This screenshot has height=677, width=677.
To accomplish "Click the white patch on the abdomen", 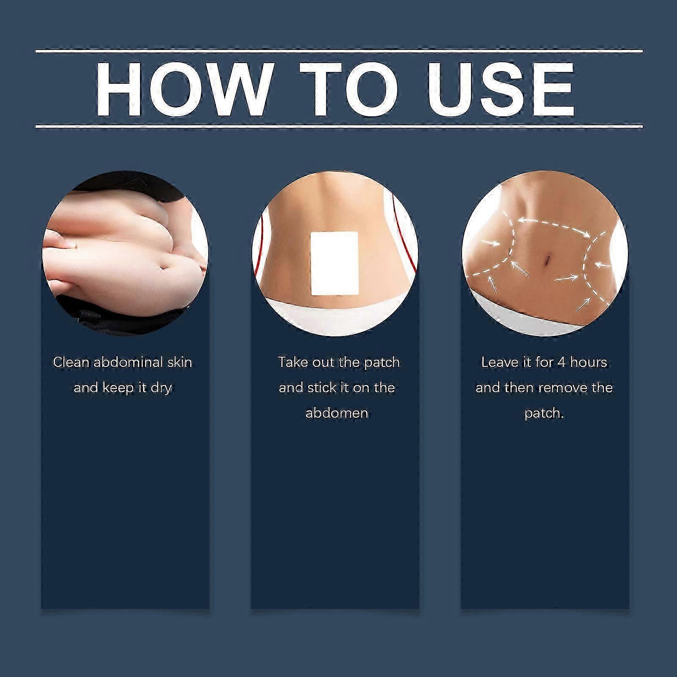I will (335, 263).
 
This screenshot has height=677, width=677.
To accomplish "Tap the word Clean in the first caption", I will (71, 362).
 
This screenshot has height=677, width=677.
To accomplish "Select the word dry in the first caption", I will (161, 388).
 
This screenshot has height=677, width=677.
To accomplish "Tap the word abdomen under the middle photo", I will (336, 413).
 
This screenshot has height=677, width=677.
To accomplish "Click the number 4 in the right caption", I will (561, 362).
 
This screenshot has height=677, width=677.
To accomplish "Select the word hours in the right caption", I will (589, 362).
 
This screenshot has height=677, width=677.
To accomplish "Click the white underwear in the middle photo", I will (334, 315).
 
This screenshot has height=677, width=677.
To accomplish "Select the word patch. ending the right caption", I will (544, 413).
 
